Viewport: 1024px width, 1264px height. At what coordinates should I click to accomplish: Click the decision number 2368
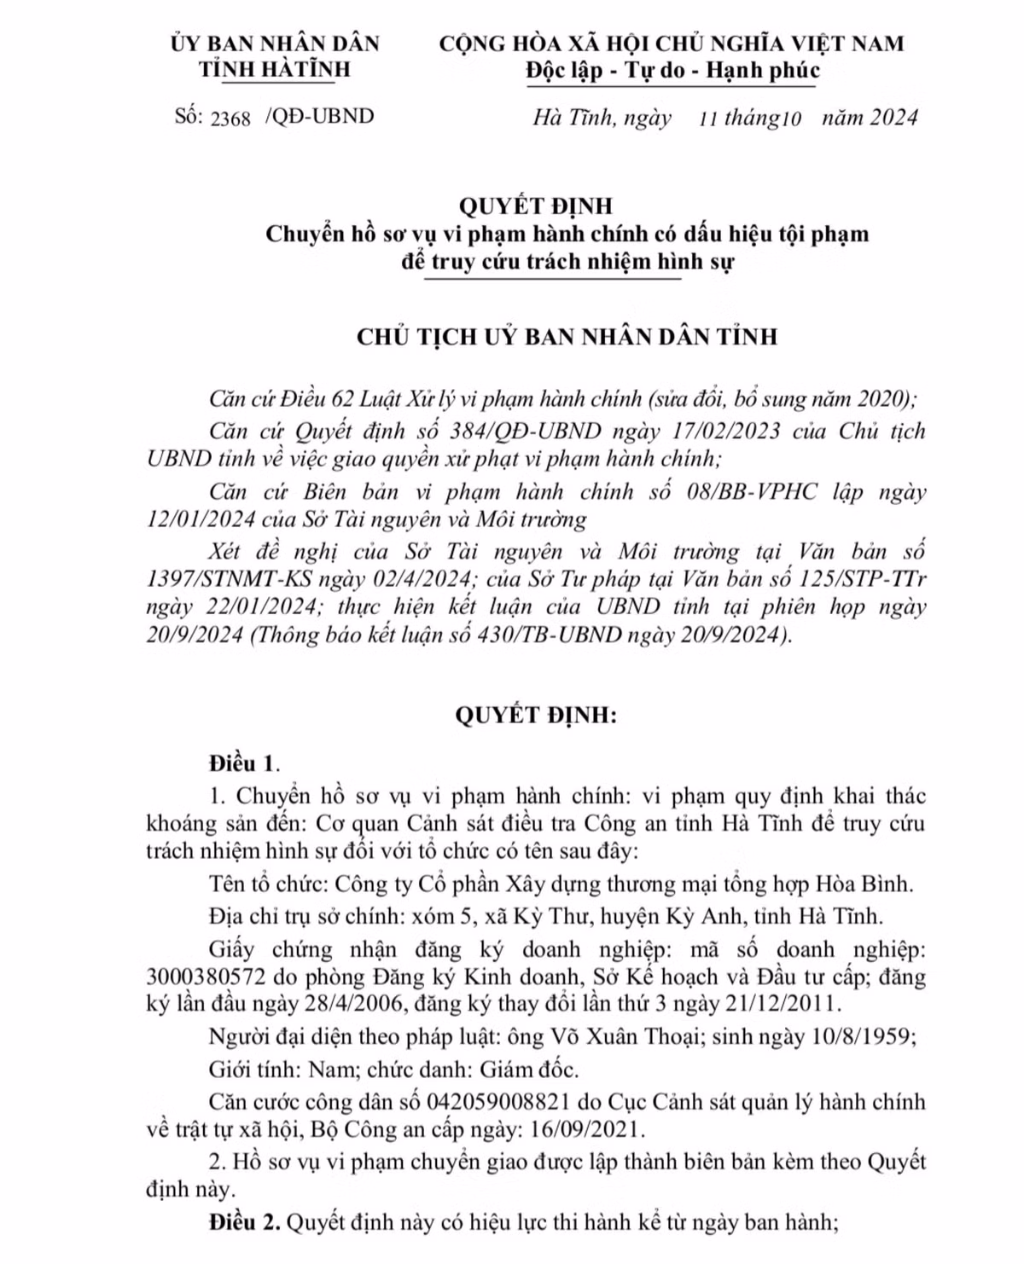coord(230,118)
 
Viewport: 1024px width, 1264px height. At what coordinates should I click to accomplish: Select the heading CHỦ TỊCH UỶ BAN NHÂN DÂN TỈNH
coord(567,336)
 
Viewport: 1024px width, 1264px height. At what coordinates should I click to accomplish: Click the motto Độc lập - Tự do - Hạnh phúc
coord(672,70)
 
